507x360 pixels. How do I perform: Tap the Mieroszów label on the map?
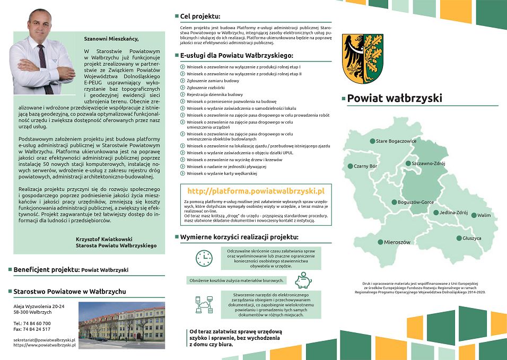[x=397, y=242]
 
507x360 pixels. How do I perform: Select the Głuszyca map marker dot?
[x=459, y=239]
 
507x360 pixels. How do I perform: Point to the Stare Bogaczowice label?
[x=396, y=141]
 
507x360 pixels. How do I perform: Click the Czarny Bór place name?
[x=365, y=166]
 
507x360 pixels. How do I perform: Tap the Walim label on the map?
[x=484, y=215]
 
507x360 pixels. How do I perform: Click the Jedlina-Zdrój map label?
[x=453, y=213]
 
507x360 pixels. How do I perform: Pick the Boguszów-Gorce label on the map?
[x=416, y=202]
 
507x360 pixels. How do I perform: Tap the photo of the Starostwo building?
[x=121, y=325]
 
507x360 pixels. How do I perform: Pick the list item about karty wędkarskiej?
[x=222, y=173]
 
